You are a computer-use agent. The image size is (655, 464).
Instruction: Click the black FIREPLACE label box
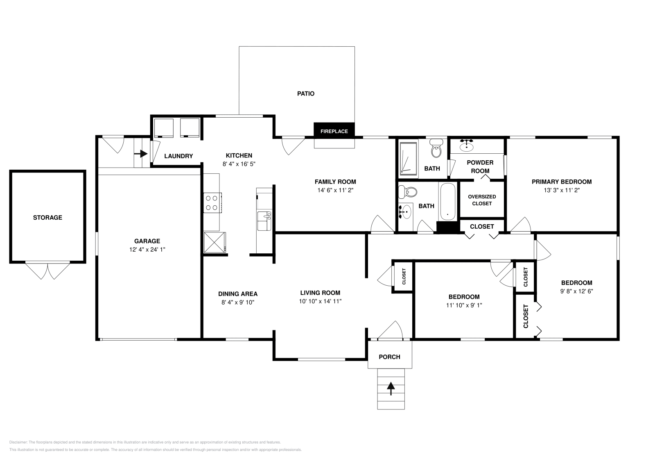[334, 131]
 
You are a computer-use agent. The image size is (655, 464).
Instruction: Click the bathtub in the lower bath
[448, 202]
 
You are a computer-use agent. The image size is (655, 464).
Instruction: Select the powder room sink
[467, 146]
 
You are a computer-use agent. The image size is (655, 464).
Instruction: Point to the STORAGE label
[47, 218]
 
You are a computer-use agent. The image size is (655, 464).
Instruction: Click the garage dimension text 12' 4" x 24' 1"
[147, 249]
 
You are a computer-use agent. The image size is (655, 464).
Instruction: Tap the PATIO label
[306, 93]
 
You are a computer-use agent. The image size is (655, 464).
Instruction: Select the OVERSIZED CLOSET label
[482, 200]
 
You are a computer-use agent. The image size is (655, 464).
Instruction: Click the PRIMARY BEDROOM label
[562, 182]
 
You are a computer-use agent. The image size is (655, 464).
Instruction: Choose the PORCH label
[389, 357]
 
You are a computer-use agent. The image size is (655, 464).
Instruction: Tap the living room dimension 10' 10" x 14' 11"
[320, 301]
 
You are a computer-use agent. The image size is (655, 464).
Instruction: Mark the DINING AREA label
[238, 293]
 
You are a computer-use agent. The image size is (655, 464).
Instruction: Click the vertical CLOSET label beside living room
[404, 277]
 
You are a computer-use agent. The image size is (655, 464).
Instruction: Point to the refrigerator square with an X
[215, 243]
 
